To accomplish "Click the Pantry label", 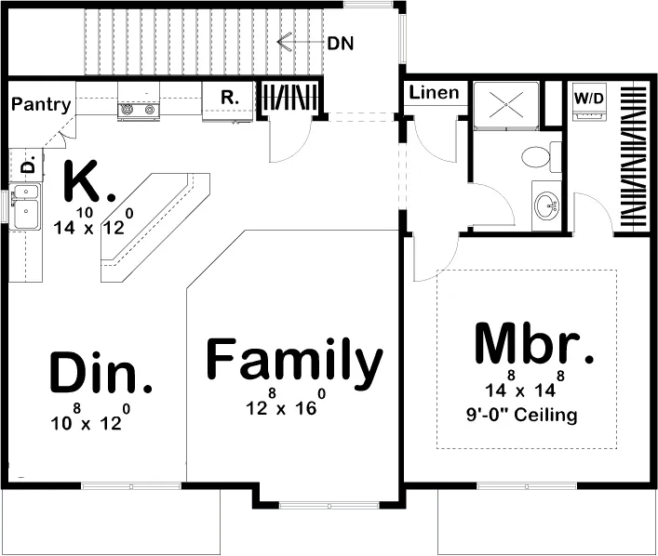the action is point(41,104).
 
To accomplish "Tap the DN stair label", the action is point(341,43).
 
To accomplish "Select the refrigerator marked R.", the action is point(228,101).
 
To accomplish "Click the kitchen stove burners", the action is point(138,110).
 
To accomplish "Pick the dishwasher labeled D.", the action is point(26,165).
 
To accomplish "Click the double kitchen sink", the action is point(26,206).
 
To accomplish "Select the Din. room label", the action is point(101,372).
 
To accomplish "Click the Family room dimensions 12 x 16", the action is point(286,402).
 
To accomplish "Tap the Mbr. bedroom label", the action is point(534,343).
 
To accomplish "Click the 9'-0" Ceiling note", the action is point(521,415).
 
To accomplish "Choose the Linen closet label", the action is point(434,93).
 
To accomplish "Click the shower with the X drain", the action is point(505,104).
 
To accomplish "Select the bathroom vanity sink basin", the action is point(547,205).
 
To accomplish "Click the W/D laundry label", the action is point(589,99).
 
